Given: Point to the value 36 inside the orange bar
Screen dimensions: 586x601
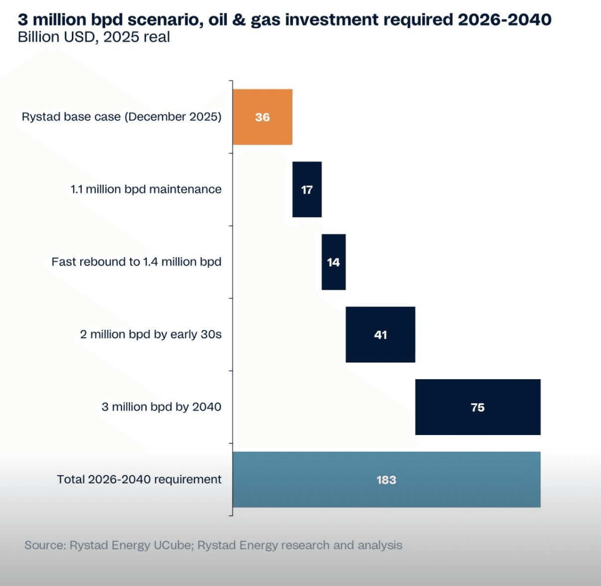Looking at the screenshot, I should pyautogui.click(x=262, y=117).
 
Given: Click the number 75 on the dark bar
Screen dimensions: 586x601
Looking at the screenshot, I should pyautogui.click(x=477, y=407).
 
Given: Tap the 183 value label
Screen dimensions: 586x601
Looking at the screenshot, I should pyautogui.click(x=386, y=480).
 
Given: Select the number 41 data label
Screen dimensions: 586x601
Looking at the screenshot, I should pyautogui.click(x=380, y=335).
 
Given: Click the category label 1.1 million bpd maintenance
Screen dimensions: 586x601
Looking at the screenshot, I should pyautogui.click(x=146, y=189).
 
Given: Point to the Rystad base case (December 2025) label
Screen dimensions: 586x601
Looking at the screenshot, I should pyautogui.click(x=122, y=117).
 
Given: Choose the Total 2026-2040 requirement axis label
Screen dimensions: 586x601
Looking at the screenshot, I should pyautogui.click(x=139, y=479).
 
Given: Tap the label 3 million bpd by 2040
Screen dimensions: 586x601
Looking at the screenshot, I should pyautogui.click(x=161, y=407).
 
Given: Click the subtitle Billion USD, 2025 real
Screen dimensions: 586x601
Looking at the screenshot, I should pyautogui.click(x=94, y=37).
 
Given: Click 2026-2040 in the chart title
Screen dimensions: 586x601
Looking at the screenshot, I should pyautogui.click(x=504, y=19).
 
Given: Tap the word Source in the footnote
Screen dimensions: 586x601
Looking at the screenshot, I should pyautogui.click(x=45, y=545).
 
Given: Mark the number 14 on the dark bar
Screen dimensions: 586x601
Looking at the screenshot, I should pyautogui.click(x=333, y=262).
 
